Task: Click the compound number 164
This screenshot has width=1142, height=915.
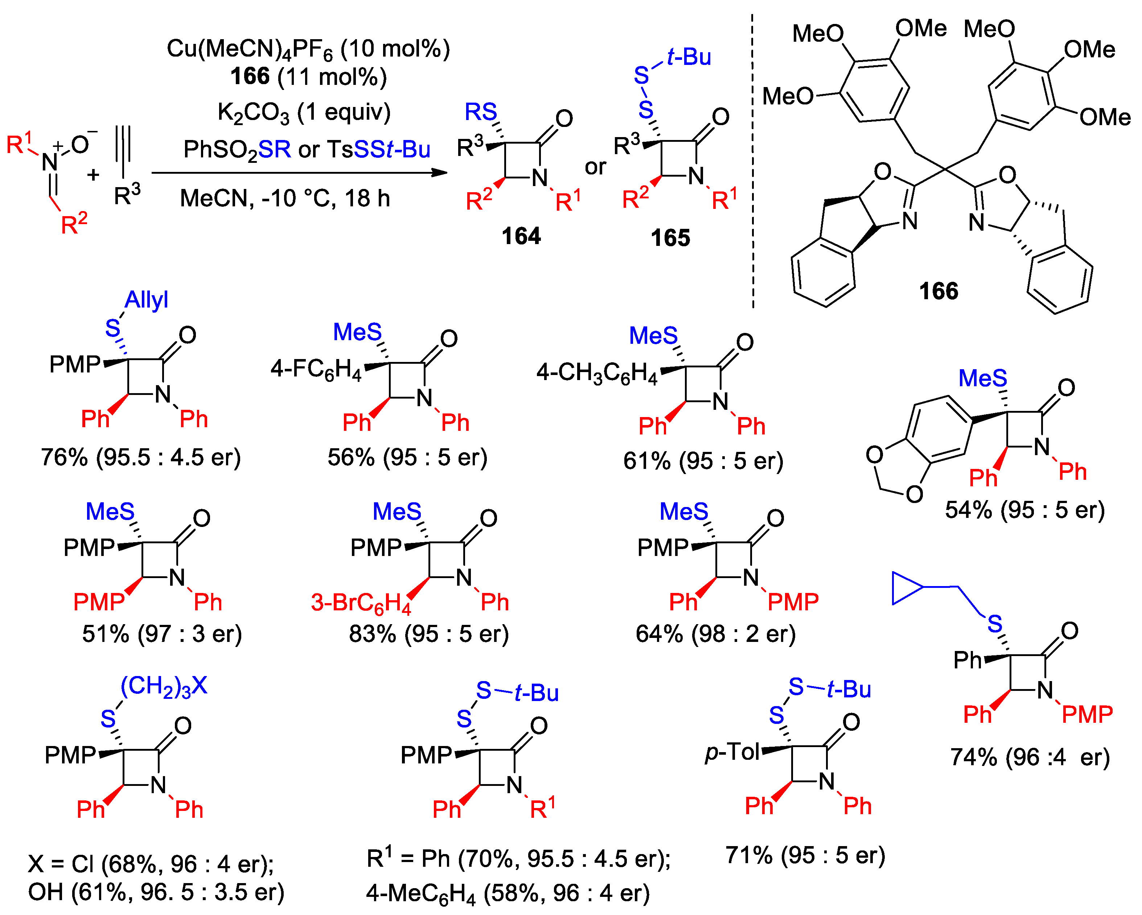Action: (521, 236)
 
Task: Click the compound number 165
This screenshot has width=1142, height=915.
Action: (671, 238)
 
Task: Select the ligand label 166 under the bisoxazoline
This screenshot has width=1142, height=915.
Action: (938, 291)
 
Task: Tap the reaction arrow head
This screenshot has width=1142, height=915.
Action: (440, 173)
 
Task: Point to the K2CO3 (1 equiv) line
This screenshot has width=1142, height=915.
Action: (304, 113)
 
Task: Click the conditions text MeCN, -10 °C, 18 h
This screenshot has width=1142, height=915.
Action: (285, 199)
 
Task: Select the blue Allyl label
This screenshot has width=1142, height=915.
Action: (146, 300)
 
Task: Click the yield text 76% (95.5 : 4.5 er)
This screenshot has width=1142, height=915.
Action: (141, 457)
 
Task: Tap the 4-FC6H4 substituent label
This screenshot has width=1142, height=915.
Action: (316, 368)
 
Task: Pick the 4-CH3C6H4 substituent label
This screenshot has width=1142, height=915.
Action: (597, 372)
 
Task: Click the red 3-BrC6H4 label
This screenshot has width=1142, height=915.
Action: (361, 603)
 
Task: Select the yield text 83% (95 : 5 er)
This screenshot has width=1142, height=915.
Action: (428, 634)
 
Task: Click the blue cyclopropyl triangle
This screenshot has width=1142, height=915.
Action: (906, 588)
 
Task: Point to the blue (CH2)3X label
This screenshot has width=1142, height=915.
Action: (164, 686)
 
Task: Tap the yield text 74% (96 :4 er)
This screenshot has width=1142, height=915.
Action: (1029, 757)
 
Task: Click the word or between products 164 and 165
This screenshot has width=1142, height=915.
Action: (595, 167)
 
